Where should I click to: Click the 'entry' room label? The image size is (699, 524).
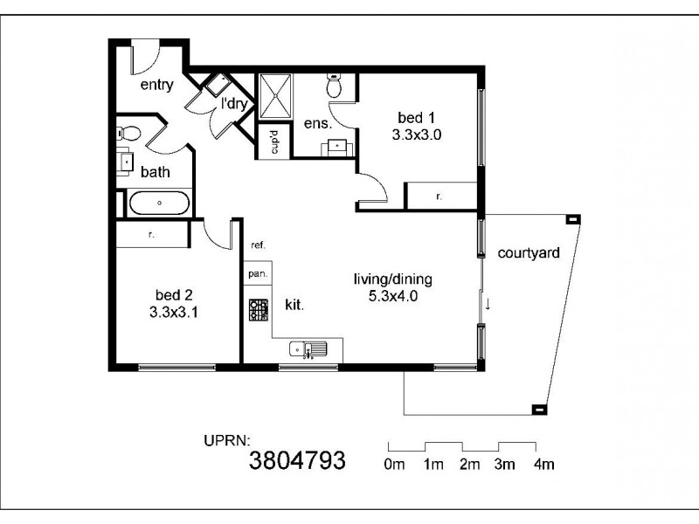click(157, 85)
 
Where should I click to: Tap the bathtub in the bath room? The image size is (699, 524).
click(159, 203)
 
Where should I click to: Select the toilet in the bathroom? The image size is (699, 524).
click(128, 134)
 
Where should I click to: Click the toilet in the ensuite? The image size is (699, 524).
click(334, 86)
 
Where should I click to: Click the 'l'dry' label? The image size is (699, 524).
click(235, 104)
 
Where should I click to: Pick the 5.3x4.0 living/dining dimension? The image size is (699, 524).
click(392, 295)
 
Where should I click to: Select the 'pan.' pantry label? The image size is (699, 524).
click(258, 273)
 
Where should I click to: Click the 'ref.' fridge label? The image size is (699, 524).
click(258, 245)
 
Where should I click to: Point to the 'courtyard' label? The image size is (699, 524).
click(529, 253)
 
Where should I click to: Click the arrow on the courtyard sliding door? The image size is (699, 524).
click(488, 304)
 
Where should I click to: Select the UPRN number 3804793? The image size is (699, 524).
click(298, 460)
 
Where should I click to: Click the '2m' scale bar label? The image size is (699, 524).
click(469, 465)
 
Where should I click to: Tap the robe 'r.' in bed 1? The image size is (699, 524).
click(439, 196)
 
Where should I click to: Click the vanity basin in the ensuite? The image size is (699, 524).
click(336, 146)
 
